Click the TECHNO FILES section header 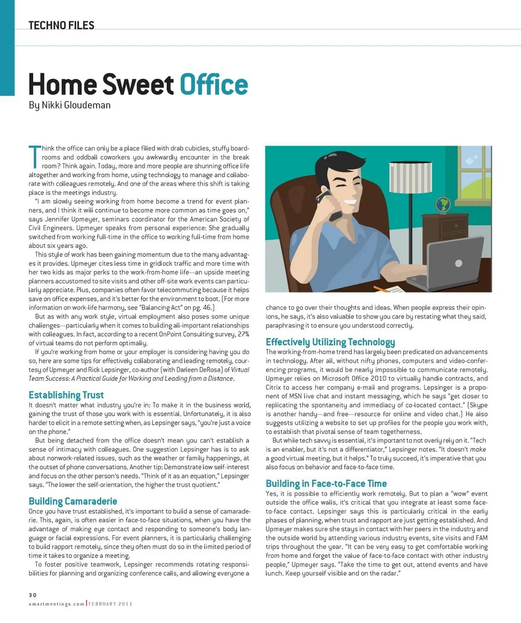pos(61,25)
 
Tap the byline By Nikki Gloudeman pos(69,105)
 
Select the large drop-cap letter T pos(34,155)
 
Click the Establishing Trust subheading pos(66,395)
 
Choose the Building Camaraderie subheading pos(73,501)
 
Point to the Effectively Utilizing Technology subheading pos(330,342)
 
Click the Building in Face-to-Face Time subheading pos(326,483)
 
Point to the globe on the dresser pos(443,205)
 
